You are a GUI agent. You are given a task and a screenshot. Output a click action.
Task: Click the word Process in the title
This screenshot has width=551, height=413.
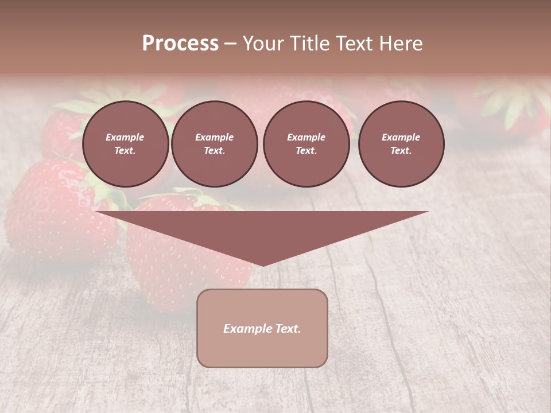(x=180, y=44)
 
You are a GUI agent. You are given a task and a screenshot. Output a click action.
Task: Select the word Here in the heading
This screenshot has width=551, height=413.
(x=400, y=44)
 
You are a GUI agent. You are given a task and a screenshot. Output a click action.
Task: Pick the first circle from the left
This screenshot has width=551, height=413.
(x=126, y=144)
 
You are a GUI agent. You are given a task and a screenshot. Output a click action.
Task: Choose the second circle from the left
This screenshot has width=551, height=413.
(x=215, y=144)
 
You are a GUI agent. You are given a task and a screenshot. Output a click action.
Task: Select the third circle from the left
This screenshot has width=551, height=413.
(x=306, y=144)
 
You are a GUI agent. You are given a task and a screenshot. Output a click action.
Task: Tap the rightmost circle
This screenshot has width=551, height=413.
(x=401, y=144)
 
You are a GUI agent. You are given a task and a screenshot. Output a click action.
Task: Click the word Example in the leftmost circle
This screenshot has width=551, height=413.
(x=125, y=137)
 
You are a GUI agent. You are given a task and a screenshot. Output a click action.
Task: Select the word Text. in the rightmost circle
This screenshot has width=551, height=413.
(x=401, y=151)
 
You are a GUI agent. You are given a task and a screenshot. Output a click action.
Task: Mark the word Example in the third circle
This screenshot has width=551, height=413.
(x=306, y=137)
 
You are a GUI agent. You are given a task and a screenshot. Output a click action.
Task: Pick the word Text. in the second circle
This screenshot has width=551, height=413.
(x=215, y=151)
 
